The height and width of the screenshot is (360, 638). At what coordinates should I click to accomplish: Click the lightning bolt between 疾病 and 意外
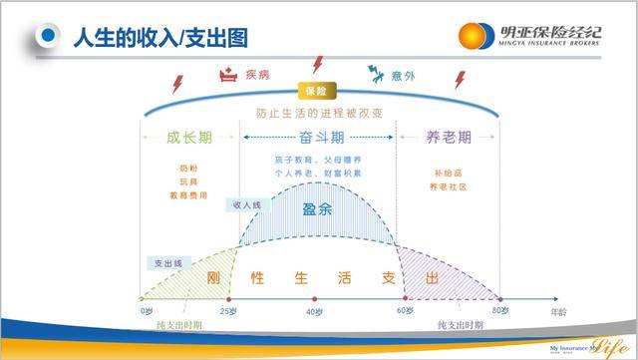coord(318,65)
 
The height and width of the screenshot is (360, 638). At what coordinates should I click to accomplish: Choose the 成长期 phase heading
coord(188,138)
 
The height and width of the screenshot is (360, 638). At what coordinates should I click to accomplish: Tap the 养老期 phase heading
coord(447,138)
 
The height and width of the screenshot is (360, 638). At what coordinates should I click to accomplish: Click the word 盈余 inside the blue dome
coord(318,212)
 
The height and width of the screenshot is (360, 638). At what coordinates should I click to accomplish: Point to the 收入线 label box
coord(247,204)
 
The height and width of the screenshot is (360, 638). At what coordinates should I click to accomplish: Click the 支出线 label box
coord(166,262)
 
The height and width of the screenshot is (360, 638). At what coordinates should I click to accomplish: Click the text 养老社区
coord(447,183)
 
